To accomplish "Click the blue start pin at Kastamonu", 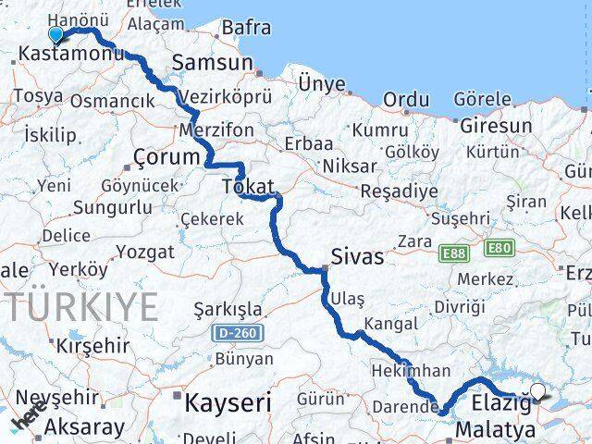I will tap(55, 35).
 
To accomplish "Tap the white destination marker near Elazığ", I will tap(538, 391).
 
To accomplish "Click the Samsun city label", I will tap(212, 62).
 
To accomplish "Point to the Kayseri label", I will tap(227, 402).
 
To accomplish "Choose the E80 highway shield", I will tap(498, 248).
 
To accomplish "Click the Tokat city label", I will tap(247, 187).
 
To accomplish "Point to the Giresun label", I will tap(495, 126).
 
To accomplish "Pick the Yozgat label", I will tap(146, 252).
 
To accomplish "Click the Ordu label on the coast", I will tap(406, 99).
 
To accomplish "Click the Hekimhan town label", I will tap(418, 371).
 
